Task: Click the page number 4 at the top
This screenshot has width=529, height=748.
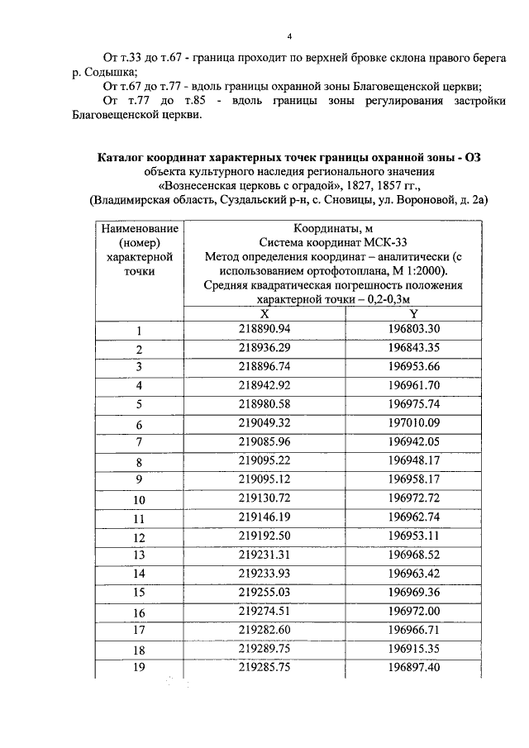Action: pos(290,36)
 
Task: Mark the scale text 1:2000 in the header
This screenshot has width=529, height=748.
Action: pos(426,270)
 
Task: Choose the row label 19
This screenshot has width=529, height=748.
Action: pos(139,665)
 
